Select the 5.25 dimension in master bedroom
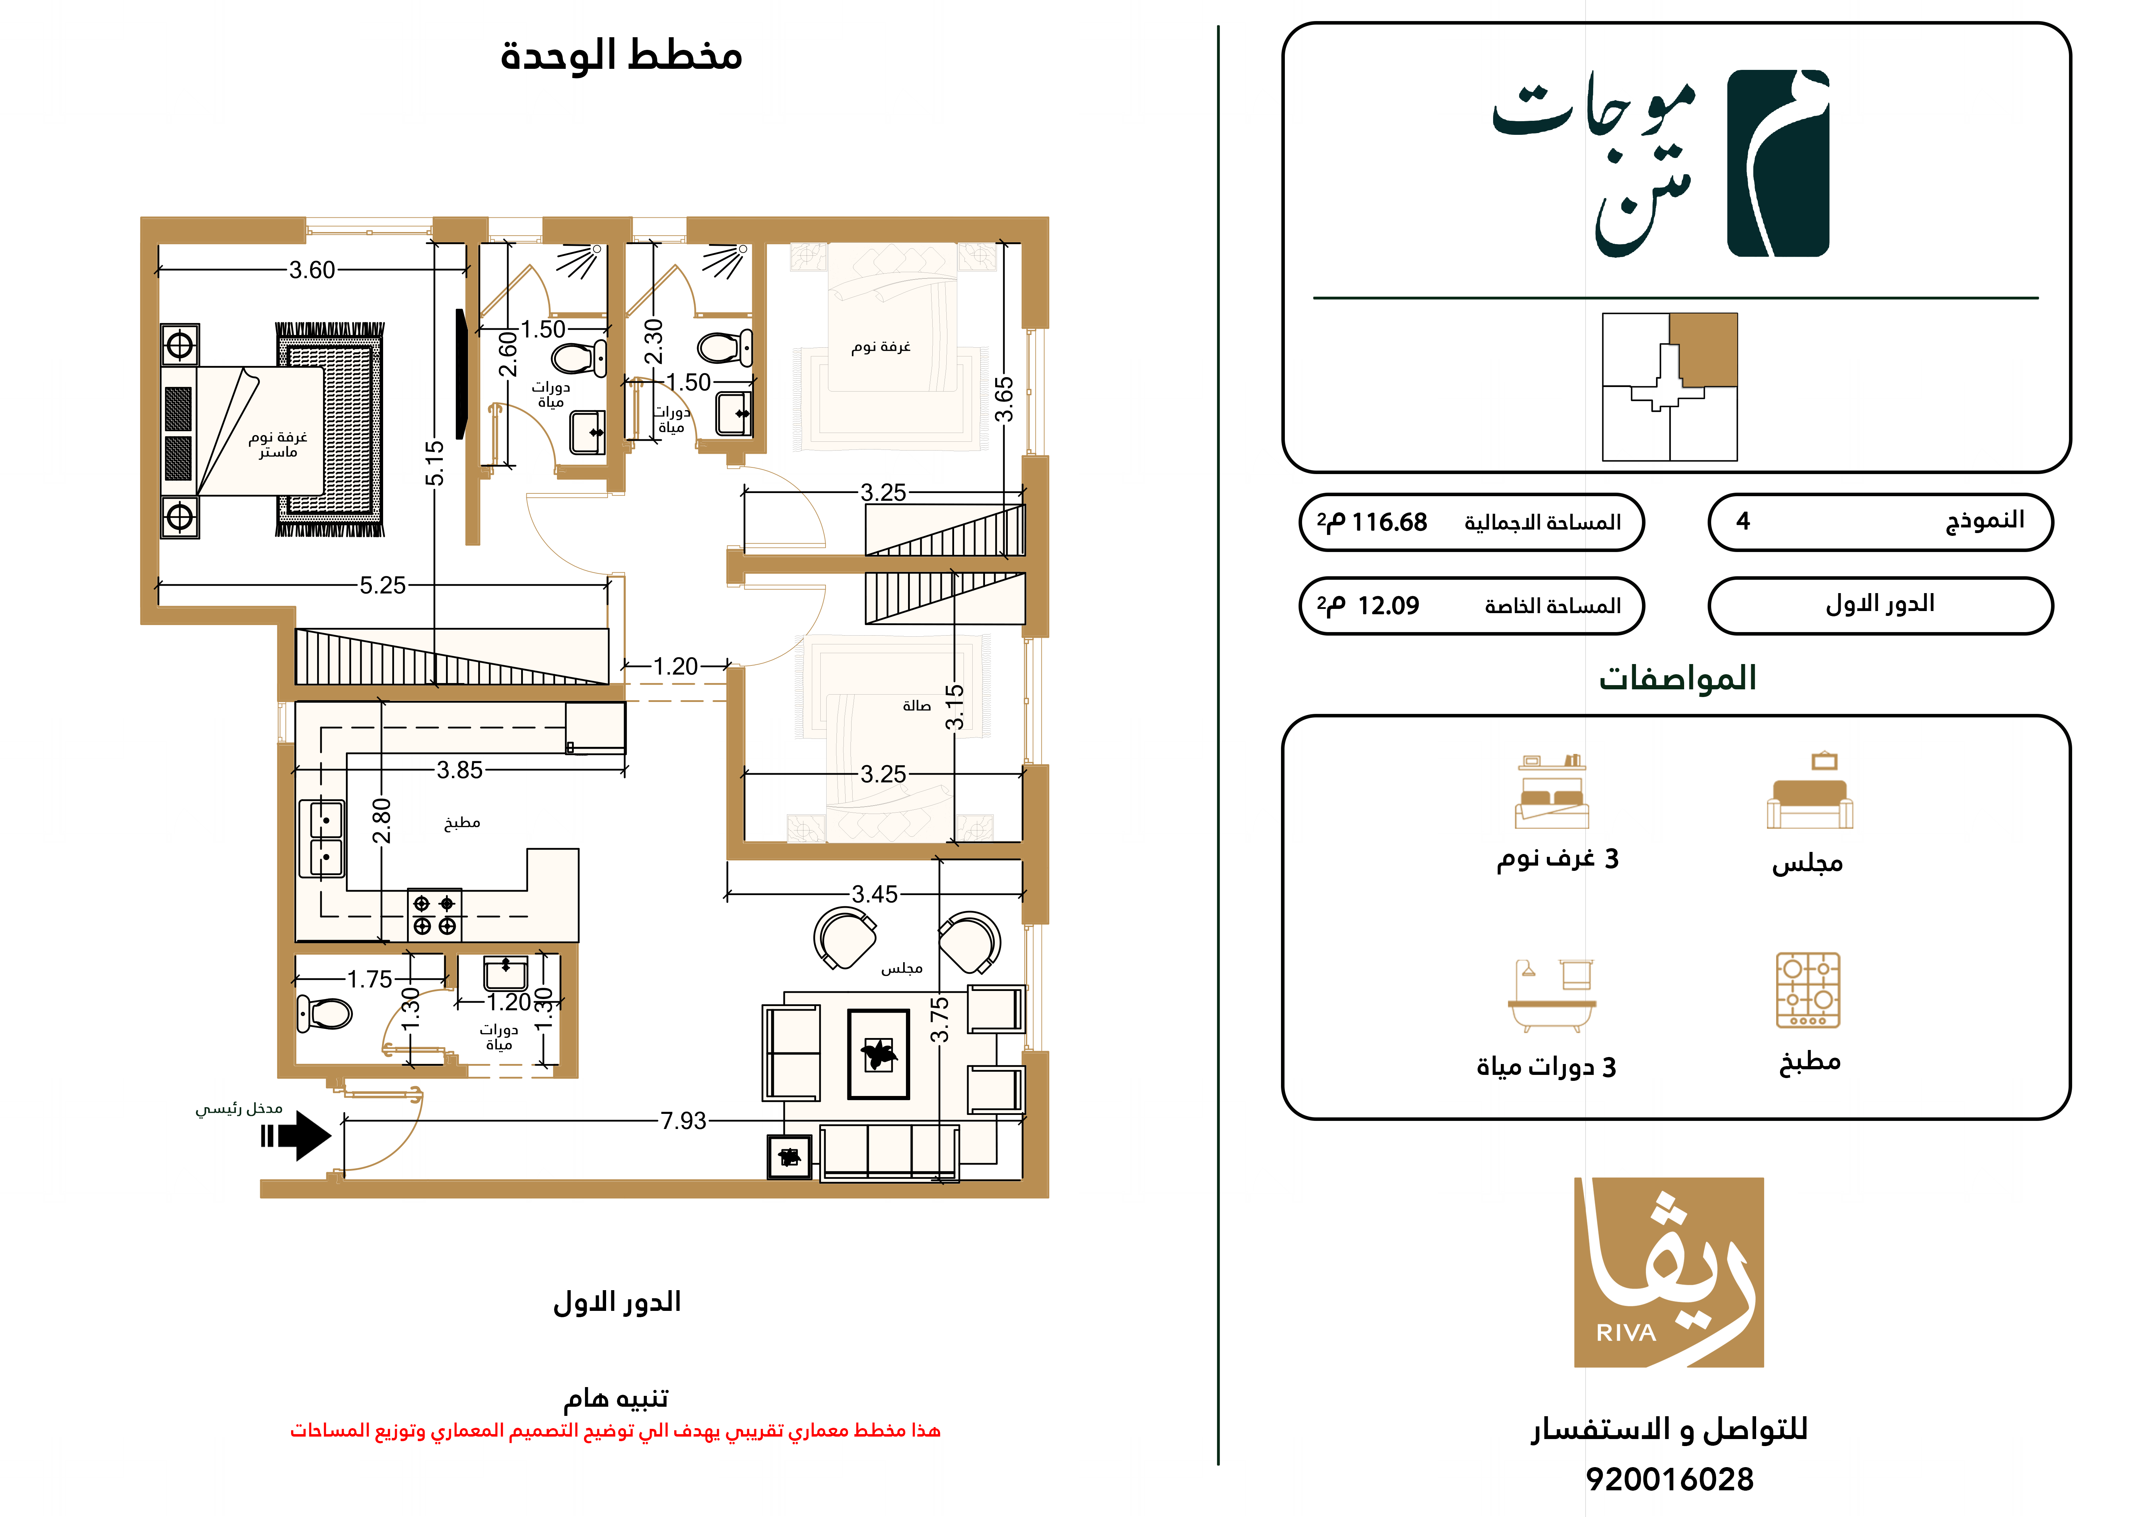383,586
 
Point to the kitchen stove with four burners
434,914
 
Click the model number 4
1743,521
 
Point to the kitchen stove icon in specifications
1808,990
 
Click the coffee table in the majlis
878,1054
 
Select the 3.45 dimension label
874,894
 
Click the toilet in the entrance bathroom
324,1013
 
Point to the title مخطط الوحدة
621,56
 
